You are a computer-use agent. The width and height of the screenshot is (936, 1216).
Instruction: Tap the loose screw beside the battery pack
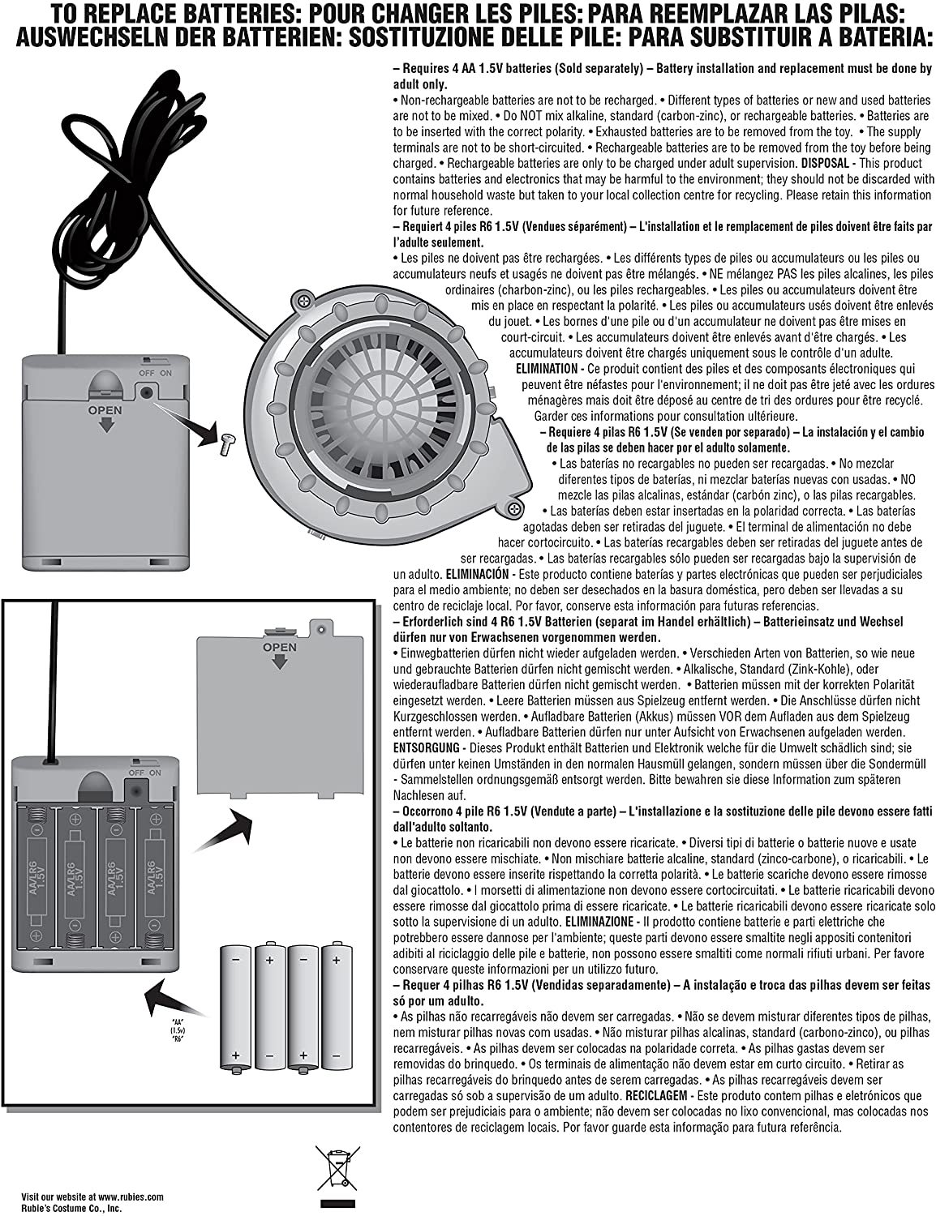[227, 441]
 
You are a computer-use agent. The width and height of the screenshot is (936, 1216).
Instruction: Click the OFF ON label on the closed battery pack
[154, 373]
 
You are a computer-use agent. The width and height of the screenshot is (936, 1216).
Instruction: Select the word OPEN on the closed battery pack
[105, 411]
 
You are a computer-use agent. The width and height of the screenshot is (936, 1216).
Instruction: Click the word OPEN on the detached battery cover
[279, 648]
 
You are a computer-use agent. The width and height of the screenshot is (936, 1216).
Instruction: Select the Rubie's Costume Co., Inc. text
[71, 1207]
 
